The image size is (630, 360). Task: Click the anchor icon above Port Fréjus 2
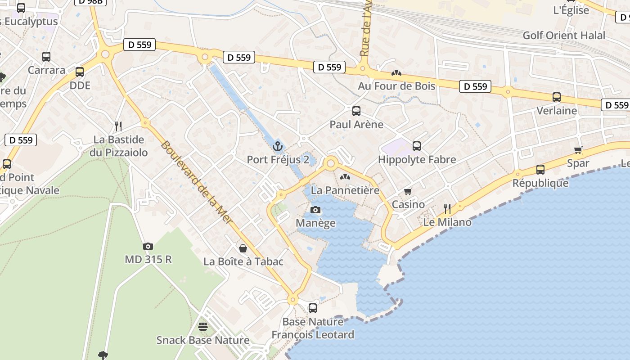point(277,146)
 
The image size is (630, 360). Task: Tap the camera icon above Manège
point(315,210)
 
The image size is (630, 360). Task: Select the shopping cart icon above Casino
point(408,192)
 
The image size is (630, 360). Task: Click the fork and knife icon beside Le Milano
point(447,208)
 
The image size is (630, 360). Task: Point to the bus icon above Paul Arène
point(356,111)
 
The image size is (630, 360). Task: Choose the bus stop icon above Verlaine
point(557,97)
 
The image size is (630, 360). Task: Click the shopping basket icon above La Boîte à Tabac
point(243,248)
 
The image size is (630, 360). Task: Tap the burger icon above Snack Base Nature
point(203,327)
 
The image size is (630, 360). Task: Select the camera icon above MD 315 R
point(148,246)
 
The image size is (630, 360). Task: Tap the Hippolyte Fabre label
point(417,160)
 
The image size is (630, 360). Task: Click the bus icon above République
point(540,170)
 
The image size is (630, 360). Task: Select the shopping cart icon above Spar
point(578,150)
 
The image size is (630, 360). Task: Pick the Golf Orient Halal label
point(564,36)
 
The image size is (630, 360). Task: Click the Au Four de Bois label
point(396,85)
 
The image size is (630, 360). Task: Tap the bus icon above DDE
point(80,72)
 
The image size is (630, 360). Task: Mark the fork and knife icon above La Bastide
point(118,126)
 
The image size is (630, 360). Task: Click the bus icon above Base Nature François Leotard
point(313,308)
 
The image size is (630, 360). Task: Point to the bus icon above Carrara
point(46,57)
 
